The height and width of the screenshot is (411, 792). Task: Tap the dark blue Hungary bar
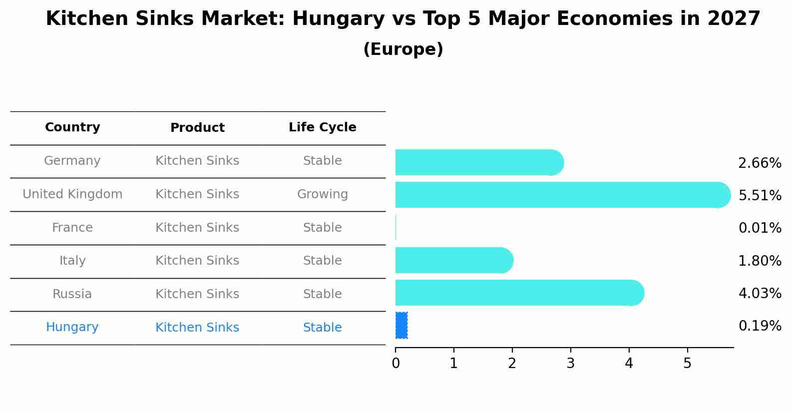(401, 325)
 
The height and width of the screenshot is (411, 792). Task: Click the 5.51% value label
(760, 195)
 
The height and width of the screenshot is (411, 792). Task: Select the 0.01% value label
(760, 228)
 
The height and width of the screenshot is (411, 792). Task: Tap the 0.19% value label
(760, 326)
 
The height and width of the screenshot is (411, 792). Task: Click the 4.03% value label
(760, 293)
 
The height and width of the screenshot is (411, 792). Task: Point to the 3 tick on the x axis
(570, 364)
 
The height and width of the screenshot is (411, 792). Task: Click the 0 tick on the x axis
(396, 364)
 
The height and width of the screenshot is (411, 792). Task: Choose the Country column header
(72, 127)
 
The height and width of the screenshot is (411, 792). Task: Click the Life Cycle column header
(322, 127)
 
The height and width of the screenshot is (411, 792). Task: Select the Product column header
(197, 128)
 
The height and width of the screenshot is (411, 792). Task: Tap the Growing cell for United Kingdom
(322, 194)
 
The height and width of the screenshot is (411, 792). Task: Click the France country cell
(72, 228)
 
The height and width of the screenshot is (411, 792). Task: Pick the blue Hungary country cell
(72, 327)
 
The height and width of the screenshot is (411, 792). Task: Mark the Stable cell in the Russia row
(322, 294)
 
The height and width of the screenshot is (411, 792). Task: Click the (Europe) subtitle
(403, 49)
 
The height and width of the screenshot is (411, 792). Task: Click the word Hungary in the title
(339, 19)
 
